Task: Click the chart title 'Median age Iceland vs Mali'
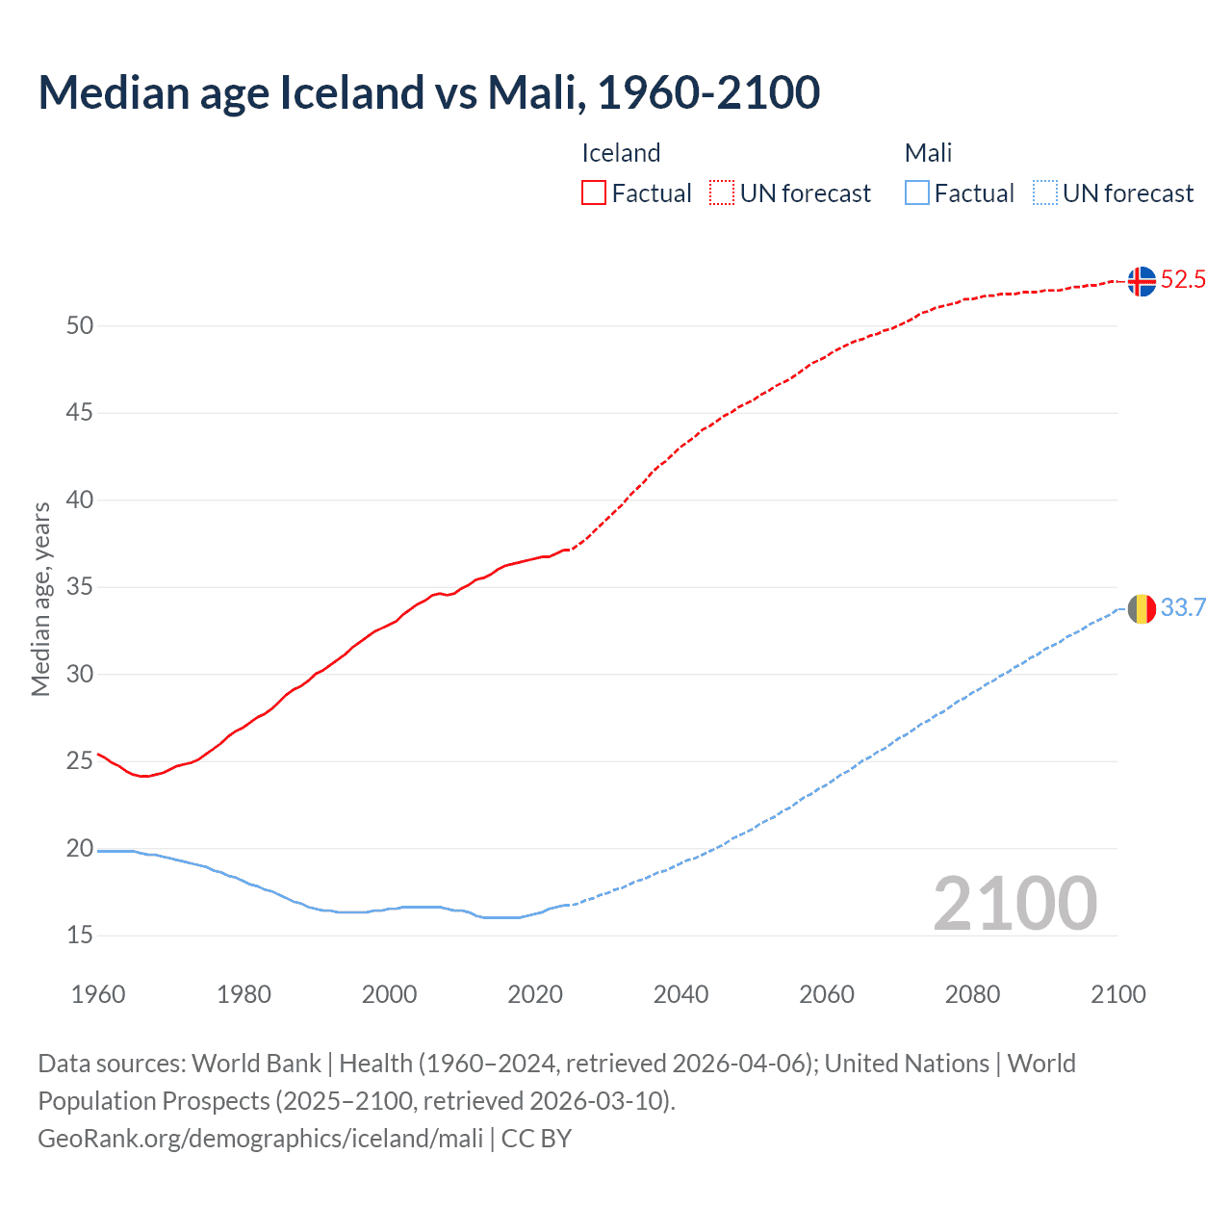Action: click(x=428, y=92)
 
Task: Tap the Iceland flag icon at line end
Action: click(x=1142, y=281)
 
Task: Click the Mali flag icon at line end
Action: click(x=1142, y=608)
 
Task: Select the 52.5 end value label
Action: click(x=1183, y=280)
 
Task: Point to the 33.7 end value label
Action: click(x=1183, y=607)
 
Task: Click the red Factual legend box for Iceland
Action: click(x=594, y=193)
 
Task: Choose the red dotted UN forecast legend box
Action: click(x=722, y=193)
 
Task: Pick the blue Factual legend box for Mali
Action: click(x=916, y=193)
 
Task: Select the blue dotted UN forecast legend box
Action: click(x=1044, y=193)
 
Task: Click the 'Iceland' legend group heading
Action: click(x=621, y=153)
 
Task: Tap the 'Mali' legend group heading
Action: click(x=928, y=153)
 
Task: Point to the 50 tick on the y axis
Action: click(x=80, y=325)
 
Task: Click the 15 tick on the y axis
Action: click(x=80, y=935)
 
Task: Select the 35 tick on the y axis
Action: click(x=80, y=586)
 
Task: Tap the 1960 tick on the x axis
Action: click(x=98, y=994)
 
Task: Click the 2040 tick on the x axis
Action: click(x=680, y=994)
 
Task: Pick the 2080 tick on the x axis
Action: click(x=972, y=994)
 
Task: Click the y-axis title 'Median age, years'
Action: click(x=40, y=599)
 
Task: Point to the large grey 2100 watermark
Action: click(x=1014, y=903)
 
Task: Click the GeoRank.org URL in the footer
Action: click(x=260, y=1139)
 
